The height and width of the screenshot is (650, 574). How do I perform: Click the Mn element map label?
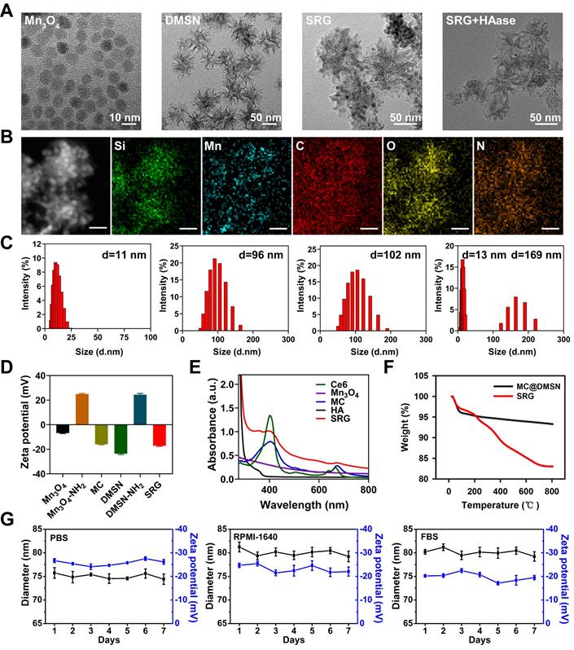pos(214,149)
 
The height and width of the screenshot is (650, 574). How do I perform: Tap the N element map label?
pos(481,149)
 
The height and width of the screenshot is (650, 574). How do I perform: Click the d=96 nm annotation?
pos(262,255)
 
